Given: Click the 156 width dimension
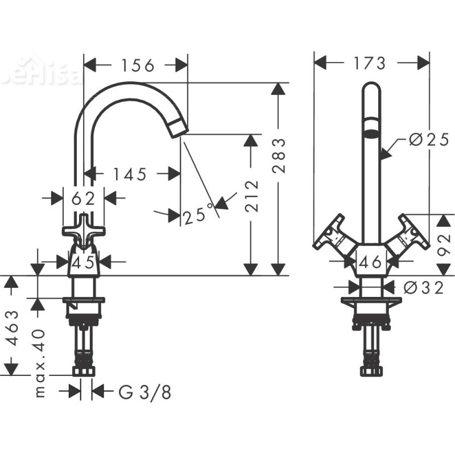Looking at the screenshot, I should coord(137,65).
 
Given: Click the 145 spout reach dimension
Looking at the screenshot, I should coord(129,174).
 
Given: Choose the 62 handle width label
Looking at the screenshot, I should coord(83,198).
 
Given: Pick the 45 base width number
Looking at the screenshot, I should coord(83,262).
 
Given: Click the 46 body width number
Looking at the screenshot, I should coord(371,262).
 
